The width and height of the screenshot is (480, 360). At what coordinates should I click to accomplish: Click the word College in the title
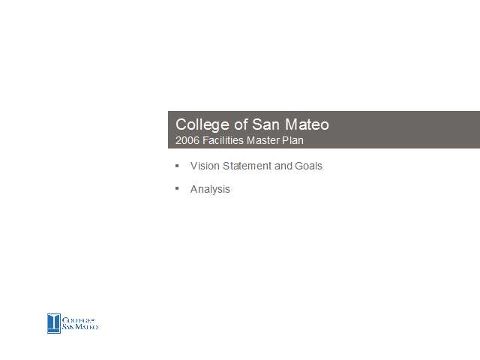pos(202,125)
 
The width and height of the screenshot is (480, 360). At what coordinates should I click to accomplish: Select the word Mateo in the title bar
pos(307,124)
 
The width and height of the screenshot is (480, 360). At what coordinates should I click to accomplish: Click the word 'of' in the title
pos(241,124)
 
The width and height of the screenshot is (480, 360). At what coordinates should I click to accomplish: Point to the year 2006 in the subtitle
pos(187,140)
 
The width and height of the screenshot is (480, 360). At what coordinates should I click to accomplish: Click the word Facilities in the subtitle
pos(223,140)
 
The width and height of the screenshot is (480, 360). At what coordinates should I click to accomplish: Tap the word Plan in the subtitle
pos(292,140)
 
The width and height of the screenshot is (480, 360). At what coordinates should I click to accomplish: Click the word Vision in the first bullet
pos(205,166)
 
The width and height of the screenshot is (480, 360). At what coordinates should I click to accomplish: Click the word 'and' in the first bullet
pos(283,166)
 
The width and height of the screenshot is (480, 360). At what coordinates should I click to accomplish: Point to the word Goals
pos(308,166)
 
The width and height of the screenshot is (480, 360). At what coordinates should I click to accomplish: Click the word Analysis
pos(210,190)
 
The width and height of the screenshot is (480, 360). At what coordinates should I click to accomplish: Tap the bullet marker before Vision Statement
pos(177,166)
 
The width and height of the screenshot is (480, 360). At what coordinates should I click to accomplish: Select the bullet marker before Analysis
pos(177,188)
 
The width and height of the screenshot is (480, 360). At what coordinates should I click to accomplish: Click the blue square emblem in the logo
pos(54,323)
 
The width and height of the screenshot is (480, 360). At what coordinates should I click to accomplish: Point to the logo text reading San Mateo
pos(80,327)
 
